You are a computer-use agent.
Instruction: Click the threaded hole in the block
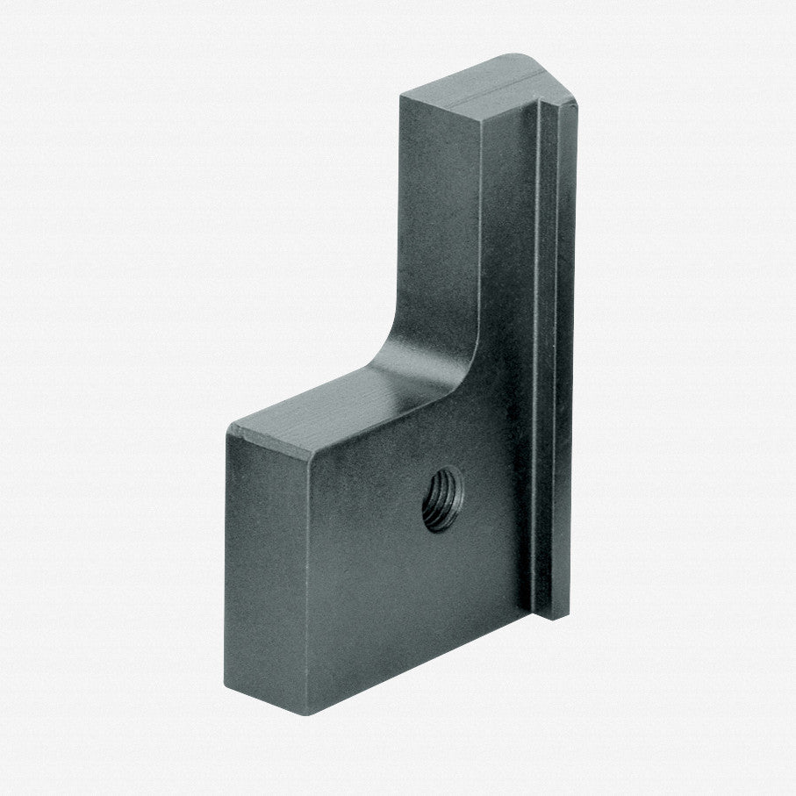(x=441, y=498)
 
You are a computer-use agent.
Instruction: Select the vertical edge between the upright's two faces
(x=481, y=219)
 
